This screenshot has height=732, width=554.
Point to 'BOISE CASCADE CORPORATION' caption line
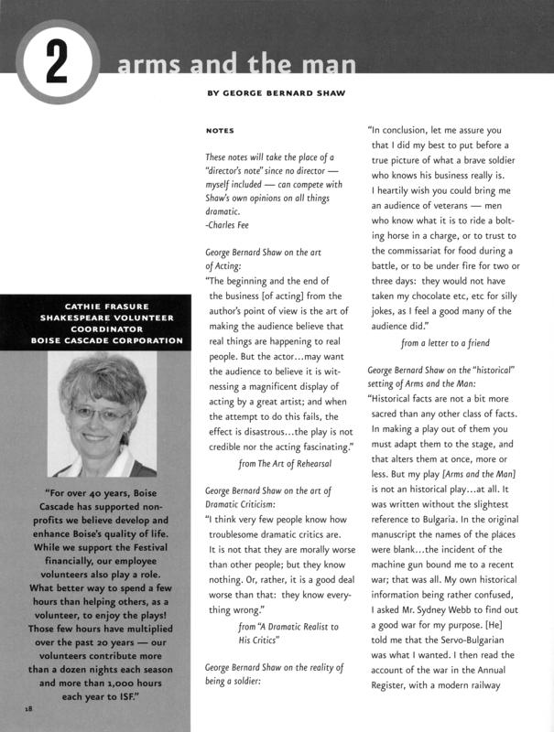[x=94, y=340]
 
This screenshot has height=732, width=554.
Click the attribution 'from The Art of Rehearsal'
[x=285, y=464]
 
